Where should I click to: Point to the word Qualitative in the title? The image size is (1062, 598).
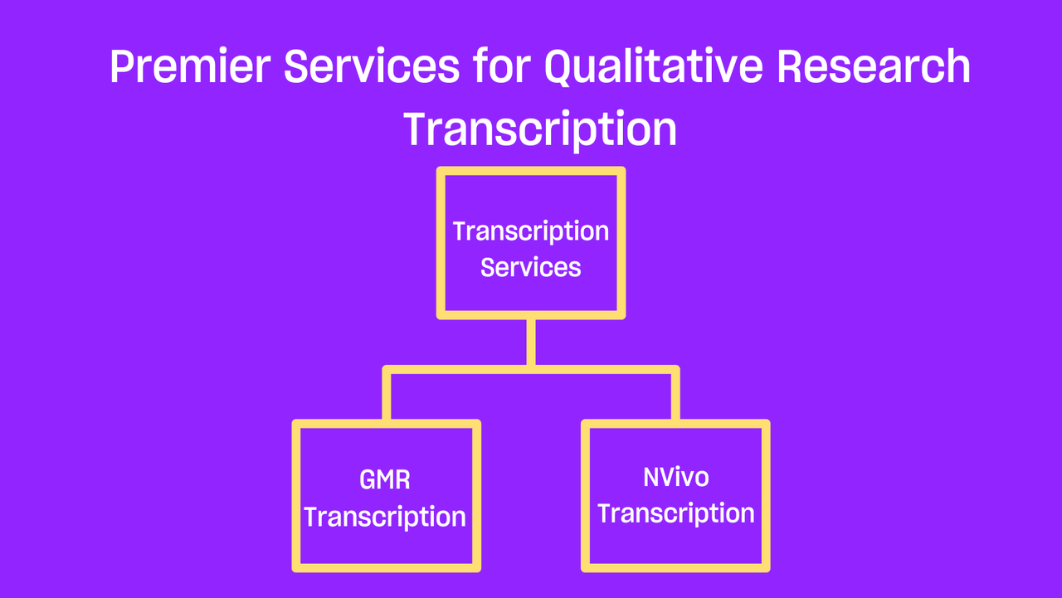pyautogui.click(x=654, y=67)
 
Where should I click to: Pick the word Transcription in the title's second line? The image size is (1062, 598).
pyautogui.click(x=540, y=129)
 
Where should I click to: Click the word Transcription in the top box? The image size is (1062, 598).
pyautogui.click(x=531, y=232)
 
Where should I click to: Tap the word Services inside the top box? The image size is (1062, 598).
pyautogui.click(x=530, y=267)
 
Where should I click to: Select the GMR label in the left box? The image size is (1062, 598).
pyautogui.click(x=384, y=479)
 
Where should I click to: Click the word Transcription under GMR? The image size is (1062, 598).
pyautogui.click(x=384, y=518)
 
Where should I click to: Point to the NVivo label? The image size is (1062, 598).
pyautogui.click(x=676, y=477)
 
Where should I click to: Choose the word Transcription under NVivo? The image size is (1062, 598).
pyautogui.click(x=676, y=514)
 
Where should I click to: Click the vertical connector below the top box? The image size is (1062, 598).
pyautogui.click(x=531, y=342)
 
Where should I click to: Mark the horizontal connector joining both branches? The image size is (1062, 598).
pyautogui.click(x=531, y=370)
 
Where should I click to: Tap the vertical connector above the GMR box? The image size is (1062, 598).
pyautogui.click(x=387, y=396)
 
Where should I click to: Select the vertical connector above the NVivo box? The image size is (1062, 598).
pyautogui.click(x=675, y=396)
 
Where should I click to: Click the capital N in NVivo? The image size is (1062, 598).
pyautogui.click(x=652, y=477)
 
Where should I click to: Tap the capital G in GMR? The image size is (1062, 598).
pyautogui.click(x=369, y=479)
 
